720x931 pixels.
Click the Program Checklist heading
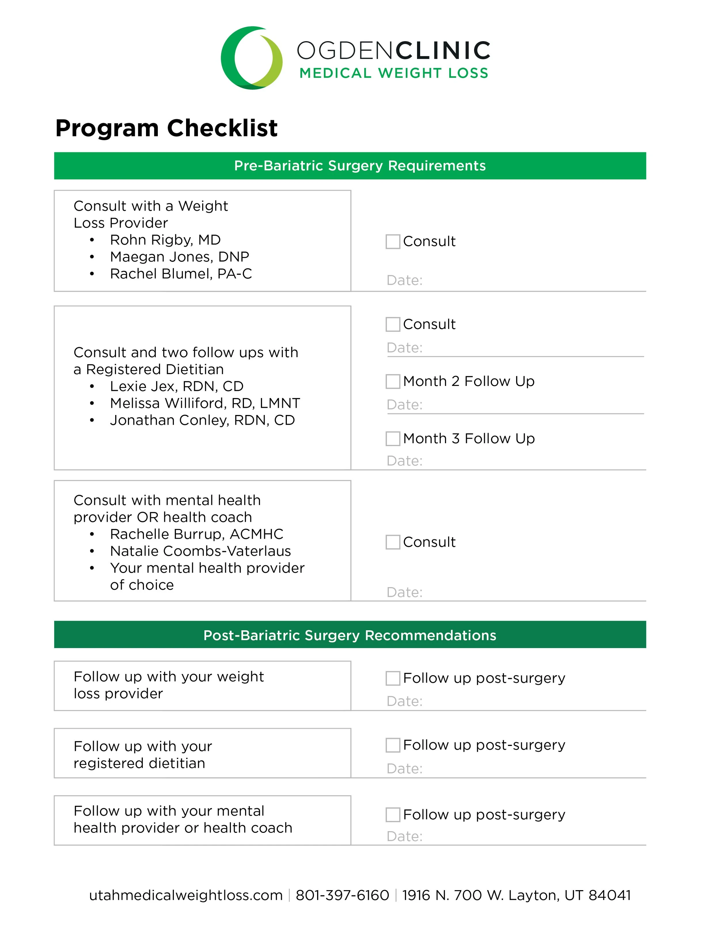pos(166,128)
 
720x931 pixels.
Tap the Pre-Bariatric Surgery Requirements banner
pos(350,166)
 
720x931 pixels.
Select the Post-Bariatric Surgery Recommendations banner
pos(350,635)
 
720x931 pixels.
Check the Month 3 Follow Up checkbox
pos(393,439)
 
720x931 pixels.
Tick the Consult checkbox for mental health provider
pos(393,542)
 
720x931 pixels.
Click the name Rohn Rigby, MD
pos(165,240)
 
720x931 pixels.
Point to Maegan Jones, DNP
pos(179,257)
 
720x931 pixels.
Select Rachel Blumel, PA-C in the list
pos(181,274)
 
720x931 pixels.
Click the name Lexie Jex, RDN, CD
pos(177,386)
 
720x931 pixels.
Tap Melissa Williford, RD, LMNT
pos(205,403)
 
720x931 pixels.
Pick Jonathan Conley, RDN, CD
pos(202,420)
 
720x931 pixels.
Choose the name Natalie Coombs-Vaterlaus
pos(200,551)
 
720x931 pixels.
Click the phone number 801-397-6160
pos(342,895)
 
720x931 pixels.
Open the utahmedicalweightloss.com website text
pos(185,895)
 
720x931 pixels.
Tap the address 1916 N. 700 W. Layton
pos(516,895)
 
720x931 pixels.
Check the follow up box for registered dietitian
pos(393,745)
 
